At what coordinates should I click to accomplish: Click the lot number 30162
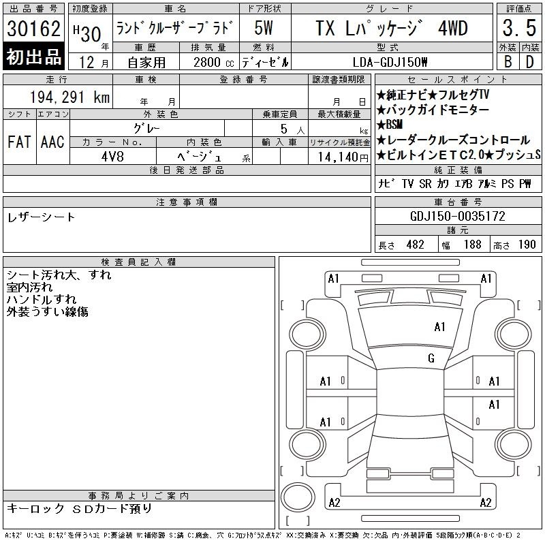(x=33, y=28)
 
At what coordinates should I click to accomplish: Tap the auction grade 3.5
(x=519, y=28)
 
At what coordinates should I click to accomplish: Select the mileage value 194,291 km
(x=69, y=97)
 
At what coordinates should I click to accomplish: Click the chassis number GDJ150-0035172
(x=458, y=216)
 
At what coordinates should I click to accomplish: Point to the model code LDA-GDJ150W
(x=390, y=62)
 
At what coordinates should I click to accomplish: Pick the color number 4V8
(x=112, y=157)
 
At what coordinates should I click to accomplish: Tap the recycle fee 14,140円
(x=343, y=157)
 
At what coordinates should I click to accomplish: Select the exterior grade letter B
(x=508, y=62)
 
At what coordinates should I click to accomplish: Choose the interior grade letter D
(x=530, y=62)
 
